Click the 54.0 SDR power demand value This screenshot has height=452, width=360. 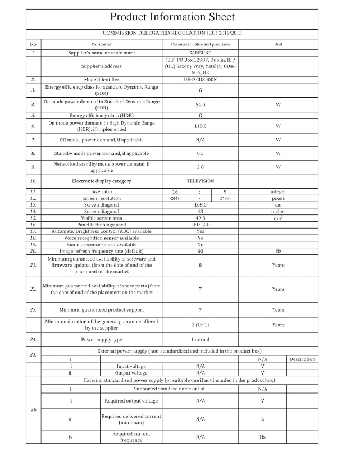[200, 104]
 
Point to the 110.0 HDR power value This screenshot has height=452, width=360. [200, 126]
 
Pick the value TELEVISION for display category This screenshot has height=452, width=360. [200, 181]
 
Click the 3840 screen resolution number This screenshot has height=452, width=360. [175, 198]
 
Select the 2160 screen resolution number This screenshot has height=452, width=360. [225, 198]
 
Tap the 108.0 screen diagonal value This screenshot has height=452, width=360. [200, 205]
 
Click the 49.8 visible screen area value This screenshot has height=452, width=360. [200, 218]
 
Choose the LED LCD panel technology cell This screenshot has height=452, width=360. [200, 224]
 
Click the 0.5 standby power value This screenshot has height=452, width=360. [200, 153]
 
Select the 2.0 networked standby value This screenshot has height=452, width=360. [200, 167]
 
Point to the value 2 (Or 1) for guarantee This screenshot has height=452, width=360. [200, 325]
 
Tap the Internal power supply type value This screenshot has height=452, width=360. [200, 340]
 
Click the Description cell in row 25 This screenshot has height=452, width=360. [302, 359]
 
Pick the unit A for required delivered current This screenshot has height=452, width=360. [262, 419]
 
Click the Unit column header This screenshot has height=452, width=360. [278, 43]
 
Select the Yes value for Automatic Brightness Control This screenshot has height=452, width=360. [200, 231]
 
